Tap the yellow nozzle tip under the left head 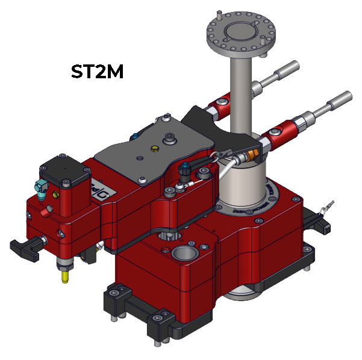64,278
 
